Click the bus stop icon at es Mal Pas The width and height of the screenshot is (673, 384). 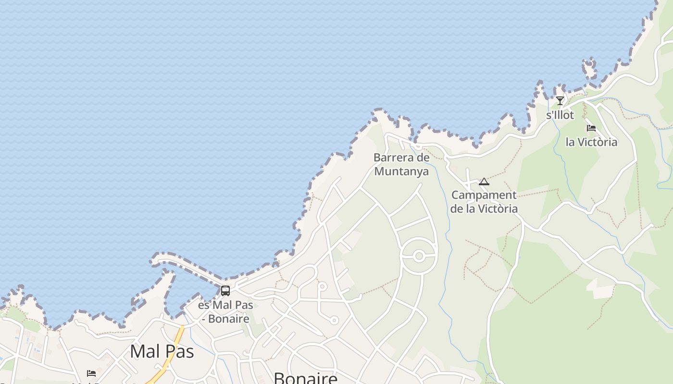(x=225, y=290)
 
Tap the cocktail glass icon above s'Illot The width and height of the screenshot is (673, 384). (x=560, y=101)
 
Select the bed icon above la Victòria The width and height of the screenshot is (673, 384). (x=591, y=128)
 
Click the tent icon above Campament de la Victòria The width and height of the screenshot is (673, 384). (x=484, y=181)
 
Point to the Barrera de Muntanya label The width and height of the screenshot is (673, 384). (x=401, y=164)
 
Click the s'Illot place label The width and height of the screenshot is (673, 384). (x=560, y=115)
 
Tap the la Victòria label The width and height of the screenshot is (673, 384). (x=591, y=142)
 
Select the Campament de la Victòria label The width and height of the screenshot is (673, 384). (x=484, y=202)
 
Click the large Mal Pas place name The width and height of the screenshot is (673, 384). (x=162, y=351)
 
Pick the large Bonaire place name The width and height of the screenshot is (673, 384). (x=306, y=378)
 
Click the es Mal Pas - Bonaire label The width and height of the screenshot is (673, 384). (x=225, y=312)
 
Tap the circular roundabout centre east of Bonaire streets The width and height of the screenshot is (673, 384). (x=419, y=256)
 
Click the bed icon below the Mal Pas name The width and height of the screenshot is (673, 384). (x=91, y=373)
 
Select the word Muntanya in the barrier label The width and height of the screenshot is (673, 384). (x=401, y=171)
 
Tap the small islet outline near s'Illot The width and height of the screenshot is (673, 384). (x=590, y=67)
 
